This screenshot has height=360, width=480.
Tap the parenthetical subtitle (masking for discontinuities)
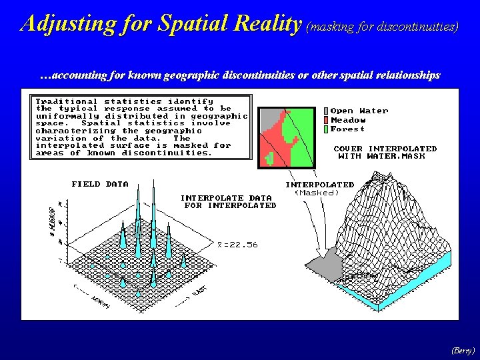(382, 27)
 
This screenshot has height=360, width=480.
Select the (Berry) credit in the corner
(463, 350)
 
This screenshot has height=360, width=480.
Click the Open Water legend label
(359, 111)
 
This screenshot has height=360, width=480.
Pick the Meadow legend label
(348, 120)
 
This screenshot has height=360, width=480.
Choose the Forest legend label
(347, 129)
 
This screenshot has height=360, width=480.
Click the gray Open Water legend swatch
(325, 111)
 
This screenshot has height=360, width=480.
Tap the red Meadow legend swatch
(325, 120)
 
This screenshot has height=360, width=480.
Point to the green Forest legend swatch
(325, 129)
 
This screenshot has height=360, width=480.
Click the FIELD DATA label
(100, 184)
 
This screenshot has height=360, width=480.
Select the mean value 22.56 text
(238, 245)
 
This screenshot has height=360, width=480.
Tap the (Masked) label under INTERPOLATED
(317, 193)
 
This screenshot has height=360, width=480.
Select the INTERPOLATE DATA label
(226, 197)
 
